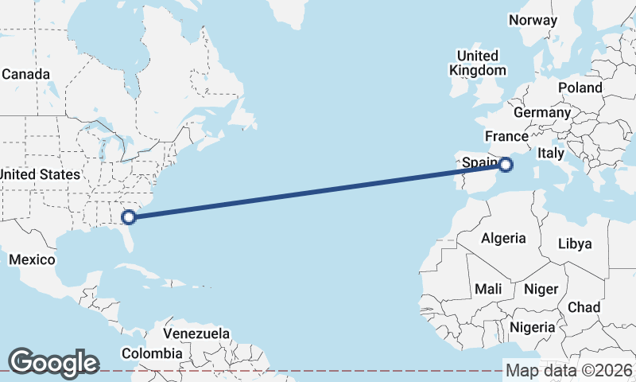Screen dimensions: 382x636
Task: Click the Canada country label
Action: point(26,74)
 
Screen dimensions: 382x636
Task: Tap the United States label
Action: point(40,174)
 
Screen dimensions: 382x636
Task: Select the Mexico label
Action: point(32,259)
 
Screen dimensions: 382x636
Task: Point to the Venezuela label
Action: point(196,333)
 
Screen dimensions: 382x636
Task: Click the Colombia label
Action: point(152,353)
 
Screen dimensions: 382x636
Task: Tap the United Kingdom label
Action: point(477,63)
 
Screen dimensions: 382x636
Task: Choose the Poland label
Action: point(580,88)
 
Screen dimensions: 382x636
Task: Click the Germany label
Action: point(542,112)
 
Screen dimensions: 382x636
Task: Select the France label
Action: point(506,136)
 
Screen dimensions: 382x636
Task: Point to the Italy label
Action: point(551,153)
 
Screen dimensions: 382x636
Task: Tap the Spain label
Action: point(480,163)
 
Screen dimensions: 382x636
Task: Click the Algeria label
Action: point(503,238)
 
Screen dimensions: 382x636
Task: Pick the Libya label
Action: point(575,244)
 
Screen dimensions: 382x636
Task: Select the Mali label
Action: point(487,289)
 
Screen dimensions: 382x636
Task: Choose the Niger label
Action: point(541,289)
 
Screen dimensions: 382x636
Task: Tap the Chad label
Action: point(584,306)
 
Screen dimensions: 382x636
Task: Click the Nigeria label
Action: point(532,327)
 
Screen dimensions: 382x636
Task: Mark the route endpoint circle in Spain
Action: point(506,165)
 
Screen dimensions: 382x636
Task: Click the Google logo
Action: point(53,363)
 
